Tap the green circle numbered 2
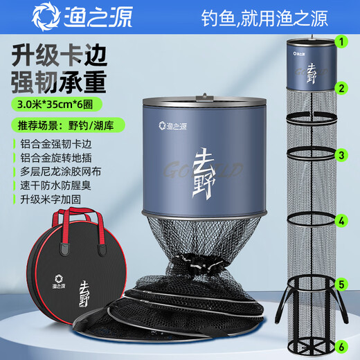(x=341, y=89)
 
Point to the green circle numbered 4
(x=341, y=222)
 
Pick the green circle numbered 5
(x=341, y=284)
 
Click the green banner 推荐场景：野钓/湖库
(x=60, y=127)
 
